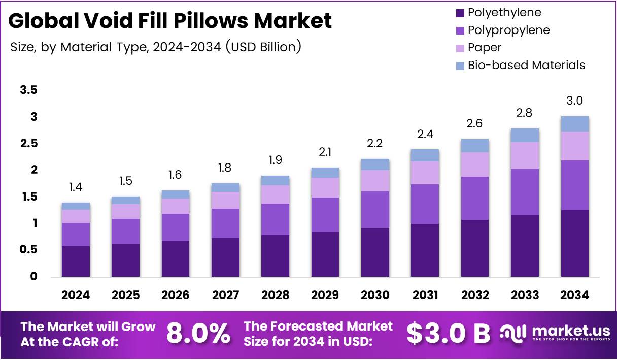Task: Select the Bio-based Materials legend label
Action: click(x=526, y=65)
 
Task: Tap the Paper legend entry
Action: click(x=484, y=48)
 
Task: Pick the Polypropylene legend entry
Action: click(x=508, y=30)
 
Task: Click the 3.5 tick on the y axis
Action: click(x=28, y=90)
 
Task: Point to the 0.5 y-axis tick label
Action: click(x=28, y=250)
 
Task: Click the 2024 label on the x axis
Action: click(x=76, y=296)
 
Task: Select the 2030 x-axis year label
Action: click(x=375, y=296)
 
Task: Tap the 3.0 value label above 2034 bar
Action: click(x=574, y=101)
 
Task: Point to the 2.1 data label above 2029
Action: click(x=325, y=152)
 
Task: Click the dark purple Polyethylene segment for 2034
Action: click(x=574, y=243)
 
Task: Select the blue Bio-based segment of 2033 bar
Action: click(x=525, y=135)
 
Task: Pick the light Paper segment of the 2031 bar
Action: click(x=425, y=173)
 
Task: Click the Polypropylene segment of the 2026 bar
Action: click(x=176, y=227)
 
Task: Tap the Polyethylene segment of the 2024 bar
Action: click(x=76, y=261)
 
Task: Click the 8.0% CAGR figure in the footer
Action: click(x=198, y=333)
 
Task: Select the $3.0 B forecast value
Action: click(x=449, y=333)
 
